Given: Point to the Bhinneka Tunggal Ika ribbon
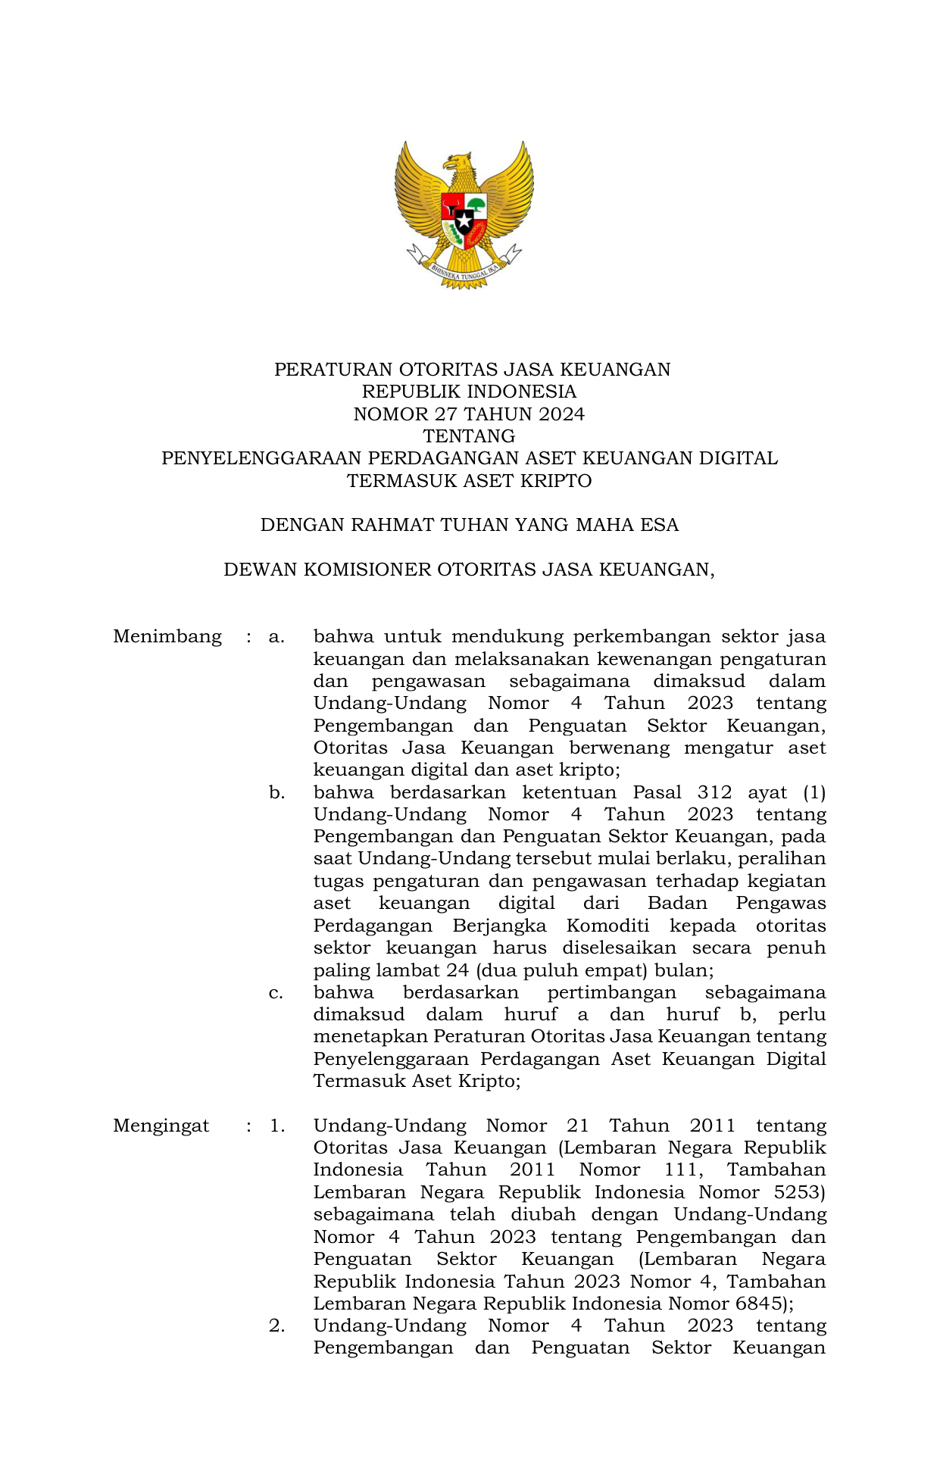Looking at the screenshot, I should pos(464,273).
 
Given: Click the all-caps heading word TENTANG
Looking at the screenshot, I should pos(469,436).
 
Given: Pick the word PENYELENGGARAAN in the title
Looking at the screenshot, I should pos(261,458).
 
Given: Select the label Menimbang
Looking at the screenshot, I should pos(167,636).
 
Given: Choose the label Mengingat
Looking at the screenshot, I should pos(161,1126).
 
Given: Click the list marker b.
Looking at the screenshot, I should pos(276,793).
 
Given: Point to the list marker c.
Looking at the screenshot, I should pos(276,993).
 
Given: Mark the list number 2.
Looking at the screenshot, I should pos(276,1326).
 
